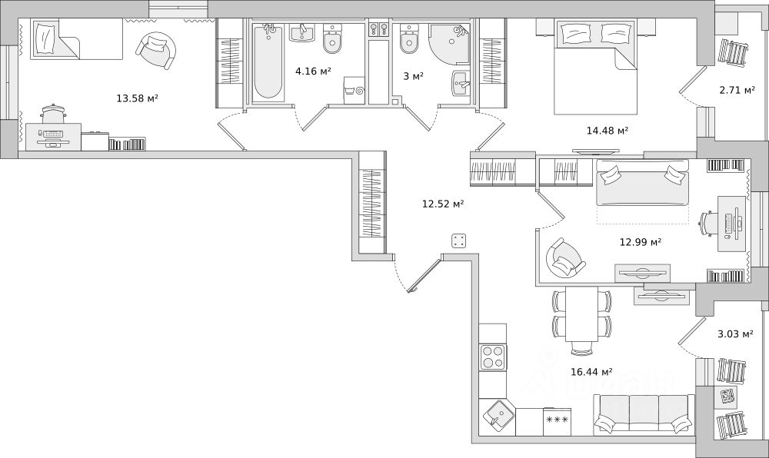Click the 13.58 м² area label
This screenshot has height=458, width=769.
pyautogui.click(x=137, y=98)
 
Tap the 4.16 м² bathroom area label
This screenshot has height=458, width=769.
pyautogui.click(x=313, y=71)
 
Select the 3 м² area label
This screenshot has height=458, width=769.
pyautogui.click(x=414, y=76)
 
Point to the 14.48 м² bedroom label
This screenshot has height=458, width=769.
pyautogui.click(x=608, y=131)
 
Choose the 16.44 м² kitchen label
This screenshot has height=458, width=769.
pyautogui.click(x=591, y=372)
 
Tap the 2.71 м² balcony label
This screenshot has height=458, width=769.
pyautogui.click(x=737, y=90)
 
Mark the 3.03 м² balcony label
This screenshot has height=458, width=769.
pyautogui.click(x=735, y=334)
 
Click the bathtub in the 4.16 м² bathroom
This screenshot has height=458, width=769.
pyautogui.click(x=268, y=62)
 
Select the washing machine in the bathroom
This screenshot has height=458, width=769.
pyautogui.click(x=355, y=90)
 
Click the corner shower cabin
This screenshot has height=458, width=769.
pyautogui.click(x=449, y=44)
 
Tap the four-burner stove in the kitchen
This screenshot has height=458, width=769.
pyautogui.click(x=493, y=357)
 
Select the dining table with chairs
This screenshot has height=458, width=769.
pyautogui.click(x=581, y=320)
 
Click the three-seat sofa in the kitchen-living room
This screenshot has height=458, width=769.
pyautogui.click(x=644, y=414)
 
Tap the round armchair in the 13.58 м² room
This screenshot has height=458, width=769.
pyautogui.click(x=156, y=51)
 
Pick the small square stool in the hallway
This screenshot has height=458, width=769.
pyautogui.click(x=459, y=241)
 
